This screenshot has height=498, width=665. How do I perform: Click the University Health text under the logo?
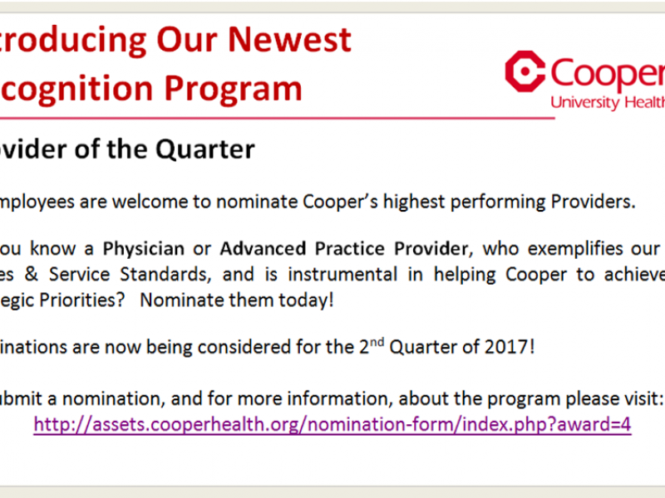(x=608, y=103)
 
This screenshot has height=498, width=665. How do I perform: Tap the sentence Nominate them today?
(x=237, y=300)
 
